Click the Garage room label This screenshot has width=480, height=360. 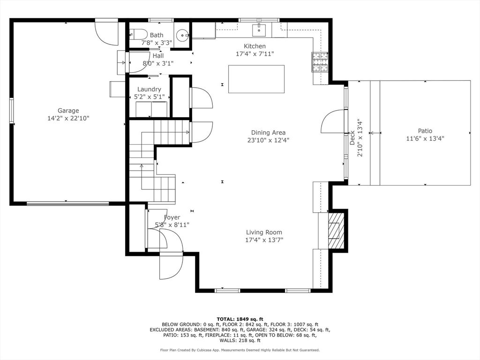coord(68,111)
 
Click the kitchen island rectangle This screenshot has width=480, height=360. coord(256,79)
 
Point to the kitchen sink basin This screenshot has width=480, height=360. coord(259,30)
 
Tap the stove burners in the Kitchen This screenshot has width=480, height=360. coord(320,62)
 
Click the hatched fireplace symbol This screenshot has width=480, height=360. coord(336,231)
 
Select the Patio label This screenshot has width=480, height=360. coord(425,131)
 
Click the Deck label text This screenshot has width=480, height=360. coord(352,138)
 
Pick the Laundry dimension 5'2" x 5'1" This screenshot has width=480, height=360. coord(150,97)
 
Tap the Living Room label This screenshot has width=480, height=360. coord(264,232)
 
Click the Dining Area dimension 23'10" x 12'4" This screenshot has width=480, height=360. coord(269,140)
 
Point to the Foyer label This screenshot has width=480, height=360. coord(172,217)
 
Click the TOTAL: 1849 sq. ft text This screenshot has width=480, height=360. coord(240,319)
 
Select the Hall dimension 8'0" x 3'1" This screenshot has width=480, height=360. coord(158,63)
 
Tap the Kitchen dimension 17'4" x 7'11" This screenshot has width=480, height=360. coord(255,54)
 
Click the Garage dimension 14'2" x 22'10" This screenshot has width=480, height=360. coord(68,118)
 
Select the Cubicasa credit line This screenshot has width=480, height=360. coord(240,350)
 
